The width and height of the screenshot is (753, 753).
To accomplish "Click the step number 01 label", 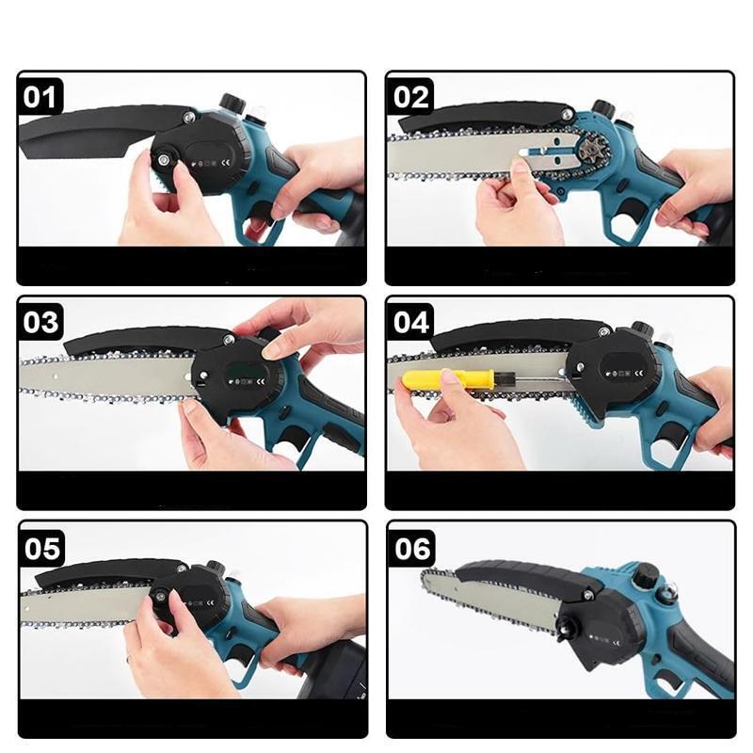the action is coord(40,98).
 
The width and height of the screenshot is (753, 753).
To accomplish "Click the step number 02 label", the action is coord(411,98).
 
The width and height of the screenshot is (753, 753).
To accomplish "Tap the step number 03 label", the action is coord(40,322).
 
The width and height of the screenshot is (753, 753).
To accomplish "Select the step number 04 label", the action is coord(411,322).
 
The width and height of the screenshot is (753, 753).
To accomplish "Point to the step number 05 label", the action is coord(41,549).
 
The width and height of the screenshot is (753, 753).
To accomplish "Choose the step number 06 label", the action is coord(412,549).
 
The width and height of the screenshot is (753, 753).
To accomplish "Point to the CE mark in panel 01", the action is coord(226,163).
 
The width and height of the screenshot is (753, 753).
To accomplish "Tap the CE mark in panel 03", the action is coord(261,382).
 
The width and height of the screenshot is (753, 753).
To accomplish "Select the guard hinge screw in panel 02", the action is coord(569,114).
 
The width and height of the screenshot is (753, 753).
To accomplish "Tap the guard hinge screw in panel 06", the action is coord(586,596).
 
